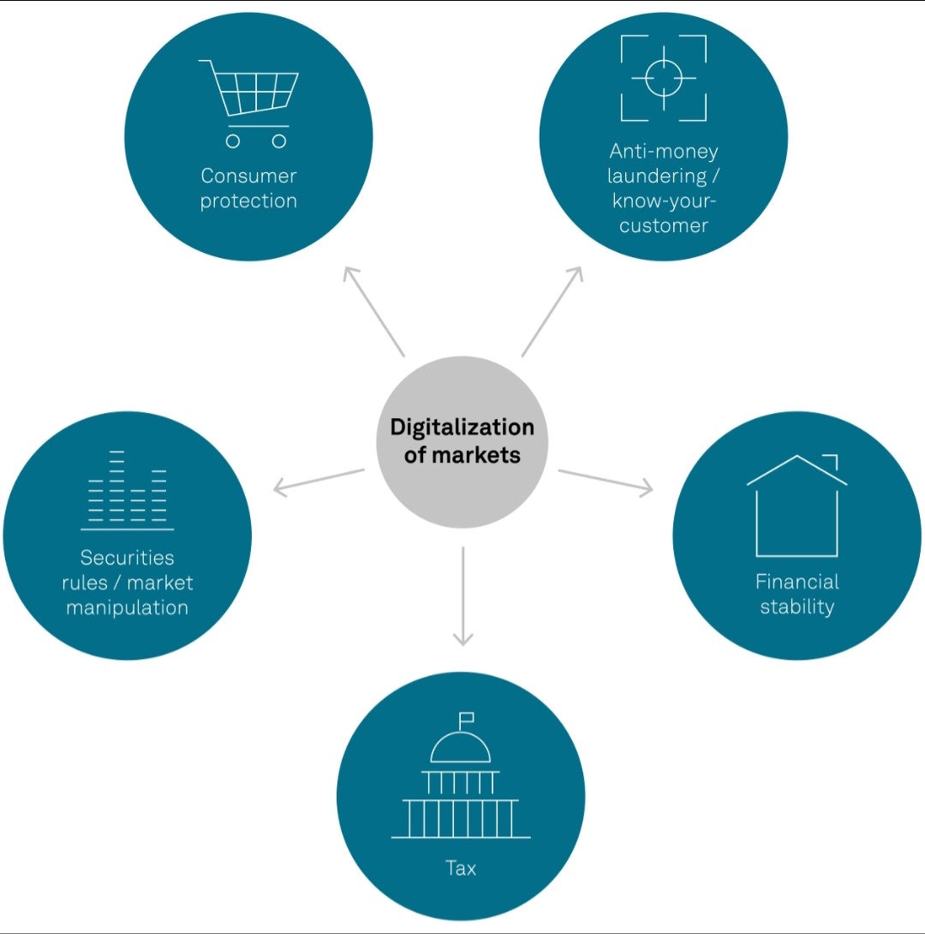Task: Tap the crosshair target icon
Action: [664, 78]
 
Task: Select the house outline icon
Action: [797, 506]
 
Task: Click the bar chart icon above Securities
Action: [128, 489]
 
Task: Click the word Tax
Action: [461, 868]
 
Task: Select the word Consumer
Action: [248, 176]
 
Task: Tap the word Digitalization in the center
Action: [462, 427]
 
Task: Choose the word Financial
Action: [797, 582]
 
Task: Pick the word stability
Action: [797, 608]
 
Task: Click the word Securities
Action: [128, 558]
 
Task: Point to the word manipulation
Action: [128, 608]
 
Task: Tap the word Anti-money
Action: [664, 152]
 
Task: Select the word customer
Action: [664, 226]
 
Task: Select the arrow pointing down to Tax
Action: [462, 596]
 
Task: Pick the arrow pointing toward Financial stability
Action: [606, 480]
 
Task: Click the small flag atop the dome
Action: [467, 717]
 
